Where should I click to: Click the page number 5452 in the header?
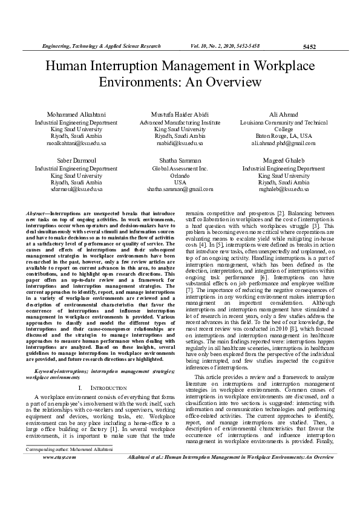point(309,47)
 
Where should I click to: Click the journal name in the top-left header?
point(100,46)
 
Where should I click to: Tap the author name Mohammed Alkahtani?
point(76,115)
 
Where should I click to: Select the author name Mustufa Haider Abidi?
point(180,115)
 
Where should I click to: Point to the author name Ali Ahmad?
point(283,115)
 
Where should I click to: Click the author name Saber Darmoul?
point(76,161)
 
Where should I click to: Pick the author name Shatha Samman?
point(180,161)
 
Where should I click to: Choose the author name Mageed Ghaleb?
point(283,161)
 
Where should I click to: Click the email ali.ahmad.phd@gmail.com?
point(283,144)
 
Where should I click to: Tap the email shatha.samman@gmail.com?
point(180,189)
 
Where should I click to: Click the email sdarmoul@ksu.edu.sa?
point(76,189)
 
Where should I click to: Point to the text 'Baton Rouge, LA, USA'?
point(283,137)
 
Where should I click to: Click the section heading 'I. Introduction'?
point(101,369)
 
